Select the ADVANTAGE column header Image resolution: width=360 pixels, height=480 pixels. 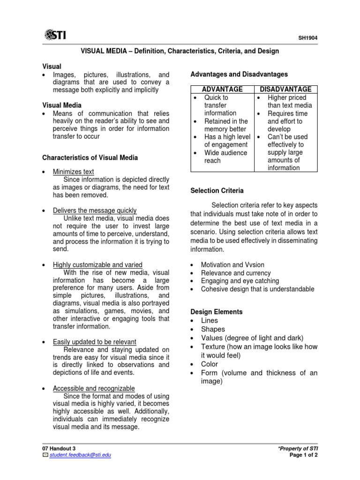point(222,89)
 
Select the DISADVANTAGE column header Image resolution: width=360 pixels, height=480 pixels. point(285,89)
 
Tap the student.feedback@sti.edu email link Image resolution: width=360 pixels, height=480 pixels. point(80,455)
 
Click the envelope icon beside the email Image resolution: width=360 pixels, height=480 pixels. point(45,455)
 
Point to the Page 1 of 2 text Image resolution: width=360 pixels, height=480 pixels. point(304,455)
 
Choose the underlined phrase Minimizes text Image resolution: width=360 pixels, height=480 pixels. point(73,172)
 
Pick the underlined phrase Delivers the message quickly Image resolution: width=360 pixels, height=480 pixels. point(95,210)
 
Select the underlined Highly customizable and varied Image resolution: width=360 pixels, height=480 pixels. point(97,265)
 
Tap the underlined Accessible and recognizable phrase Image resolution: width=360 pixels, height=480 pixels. point(94,388)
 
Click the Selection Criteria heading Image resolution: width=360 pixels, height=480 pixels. point(217,191)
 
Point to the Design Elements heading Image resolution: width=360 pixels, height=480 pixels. point(216,312)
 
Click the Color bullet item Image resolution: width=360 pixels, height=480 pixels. point(209,364)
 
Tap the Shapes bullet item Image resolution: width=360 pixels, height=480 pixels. point(213,329)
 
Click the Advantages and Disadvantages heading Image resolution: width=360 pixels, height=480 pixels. point(239,74)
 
